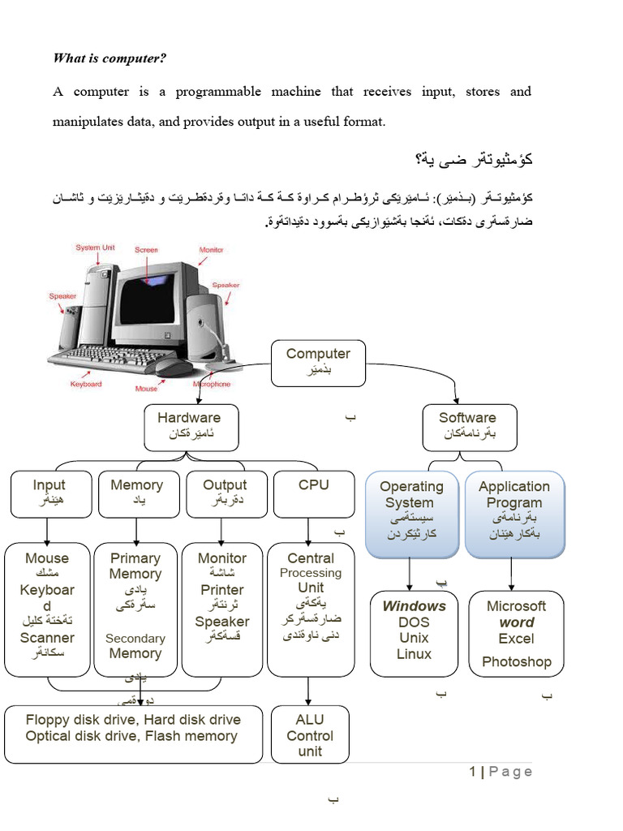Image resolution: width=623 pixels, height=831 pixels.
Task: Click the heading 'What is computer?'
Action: [110, 58]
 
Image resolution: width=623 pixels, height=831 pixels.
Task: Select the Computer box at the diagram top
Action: [318, 362]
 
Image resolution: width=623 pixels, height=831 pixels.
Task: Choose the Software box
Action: [467, 426]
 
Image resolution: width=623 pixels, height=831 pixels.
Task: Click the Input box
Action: [49, 493]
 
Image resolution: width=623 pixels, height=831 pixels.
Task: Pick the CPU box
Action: [313, 493]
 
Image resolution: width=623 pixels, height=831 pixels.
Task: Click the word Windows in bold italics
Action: [414, 606]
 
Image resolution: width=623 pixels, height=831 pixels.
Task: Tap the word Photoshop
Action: [516, 662]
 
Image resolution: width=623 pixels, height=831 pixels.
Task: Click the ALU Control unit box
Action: [309, 735]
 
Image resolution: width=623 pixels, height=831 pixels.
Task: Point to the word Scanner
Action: [47, 638]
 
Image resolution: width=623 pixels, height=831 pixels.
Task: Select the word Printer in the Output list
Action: [222, 590]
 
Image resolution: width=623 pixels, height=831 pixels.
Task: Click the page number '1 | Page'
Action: [501, 772]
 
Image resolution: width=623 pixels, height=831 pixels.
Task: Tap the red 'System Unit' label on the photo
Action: [95, 248]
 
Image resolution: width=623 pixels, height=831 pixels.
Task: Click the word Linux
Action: [414, 654]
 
